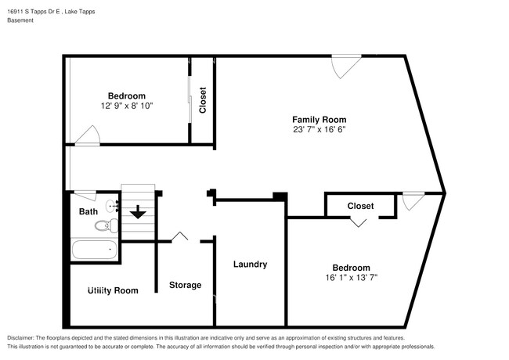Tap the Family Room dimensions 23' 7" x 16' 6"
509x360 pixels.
coord(313,129)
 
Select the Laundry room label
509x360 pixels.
coord(250,265)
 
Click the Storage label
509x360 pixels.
coord(186,285)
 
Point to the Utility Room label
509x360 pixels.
coord(113,290)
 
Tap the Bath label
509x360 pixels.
coord(88,211)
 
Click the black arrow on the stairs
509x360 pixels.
coord(138,211)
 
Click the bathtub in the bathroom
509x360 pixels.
coord(94,251)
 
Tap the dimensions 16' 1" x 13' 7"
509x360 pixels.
coord(351,278)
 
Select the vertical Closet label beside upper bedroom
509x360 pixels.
coord(203,100)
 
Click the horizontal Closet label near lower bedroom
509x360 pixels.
coord(360,206)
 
